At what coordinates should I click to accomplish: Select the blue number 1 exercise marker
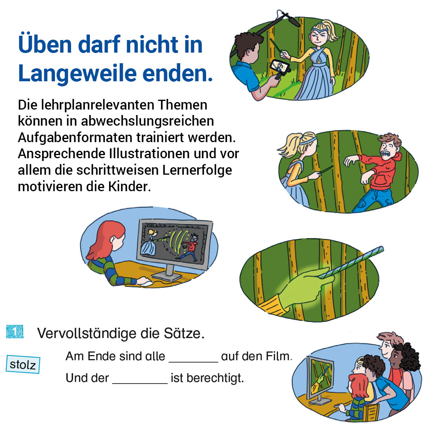tap(15, 332)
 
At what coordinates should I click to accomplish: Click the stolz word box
tap(23, 364)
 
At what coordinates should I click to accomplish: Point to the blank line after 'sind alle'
tap(193, 362)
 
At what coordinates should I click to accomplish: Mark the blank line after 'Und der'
tap(140, 383)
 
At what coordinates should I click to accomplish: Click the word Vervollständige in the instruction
tap(87, 333)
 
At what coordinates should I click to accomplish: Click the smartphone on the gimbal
tap(280, 67)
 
